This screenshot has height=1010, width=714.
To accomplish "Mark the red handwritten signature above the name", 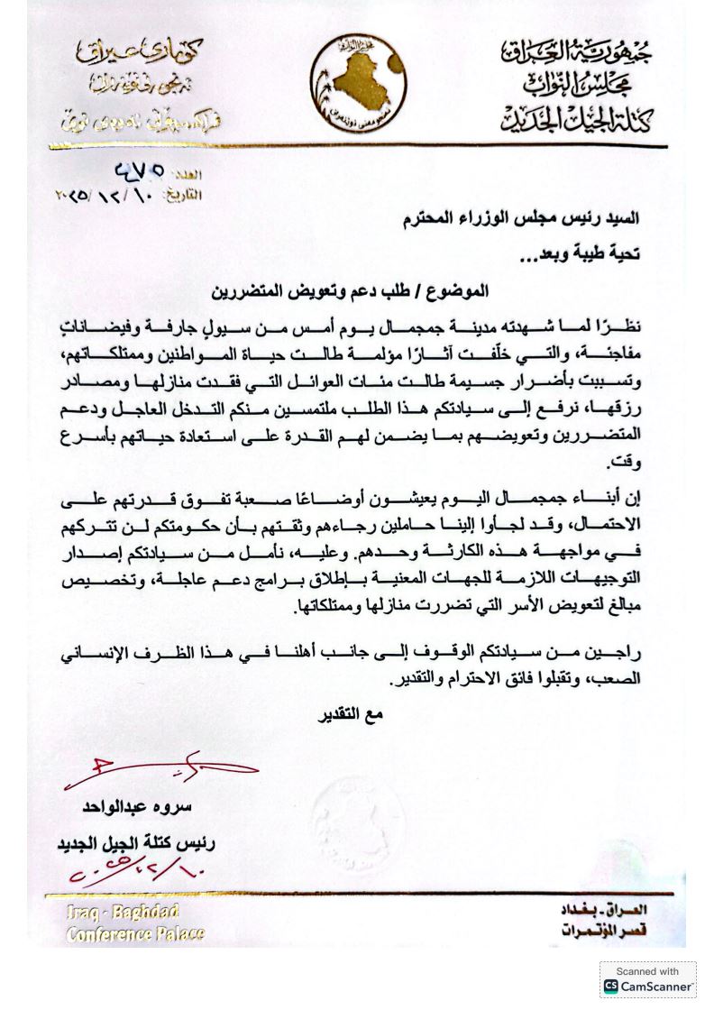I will coord(162,771).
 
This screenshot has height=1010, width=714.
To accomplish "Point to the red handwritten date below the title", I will coord(133,872).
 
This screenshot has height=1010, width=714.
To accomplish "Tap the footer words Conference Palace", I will coord(135,933).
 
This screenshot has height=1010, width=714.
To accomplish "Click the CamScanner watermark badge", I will coord(648,979).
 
